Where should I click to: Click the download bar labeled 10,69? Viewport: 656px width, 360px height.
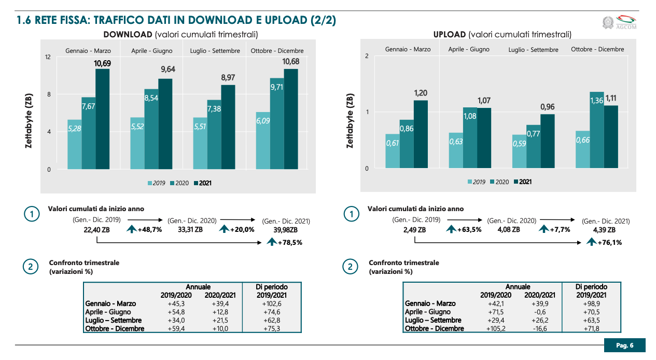click(102, 119)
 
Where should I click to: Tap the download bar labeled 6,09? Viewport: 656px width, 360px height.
click(263, 140)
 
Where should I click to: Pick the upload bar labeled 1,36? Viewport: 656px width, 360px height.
click(597, 130)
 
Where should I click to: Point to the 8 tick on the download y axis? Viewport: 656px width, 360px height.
click(48, 94)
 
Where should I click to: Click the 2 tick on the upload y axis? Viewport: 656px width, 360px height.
click(367, 56)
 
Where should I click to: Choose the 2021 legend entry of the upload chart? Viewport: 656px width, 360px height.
click(522, 182)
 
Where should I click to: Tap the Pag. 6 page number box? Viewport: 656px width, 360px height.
click(624, 345)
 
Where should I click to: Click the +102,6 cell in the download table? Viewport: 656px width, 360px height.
click(271, 303)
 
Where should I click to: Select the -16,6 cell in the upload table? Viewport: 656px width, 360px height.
click(541, 328)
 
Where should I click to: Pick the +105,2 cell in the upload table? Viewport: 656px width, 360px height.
click(495, 328)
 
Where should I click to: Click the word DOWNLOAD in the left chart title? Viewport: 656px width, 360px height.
click(128, 35)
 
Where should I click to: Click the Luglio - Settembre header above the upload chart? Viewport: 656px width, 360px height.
click(533, 50)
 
